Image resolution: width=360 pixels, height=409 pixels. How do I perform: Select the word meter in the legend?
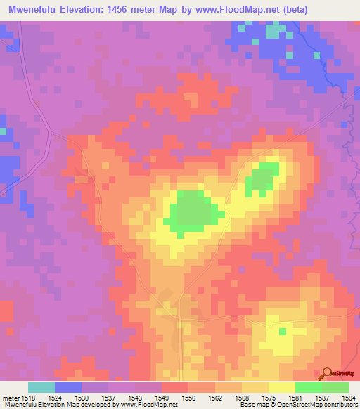[x=12, y=398]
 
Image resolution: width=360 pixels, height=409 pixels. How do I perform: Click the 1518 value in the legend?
[x=29, y=398]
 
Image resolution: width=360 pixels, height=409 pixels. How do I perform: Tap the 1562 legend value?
[x=215, y=398]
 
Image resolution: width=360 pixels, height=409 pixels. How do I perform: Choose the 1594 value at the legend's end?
[x=347, y=398]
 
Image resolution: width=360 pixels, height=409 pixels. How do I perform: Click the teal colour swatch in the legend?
[x=41, y=387]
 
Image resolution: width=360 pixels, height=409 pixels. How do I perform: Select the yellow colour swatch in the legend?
[x=281, y=387]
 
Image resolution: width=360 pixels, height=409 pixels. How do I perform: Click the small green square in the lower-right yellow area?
[x=282, y=332]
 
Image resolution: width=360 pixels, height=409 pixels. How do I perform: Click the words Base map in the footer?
[x=250, y=405]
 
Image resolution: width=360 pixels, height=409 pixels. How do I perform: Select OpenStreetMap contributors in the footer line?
[x=315, y=405]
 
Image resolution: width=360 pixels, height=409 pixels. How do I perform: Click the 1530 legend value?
[x=82, y=398]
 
